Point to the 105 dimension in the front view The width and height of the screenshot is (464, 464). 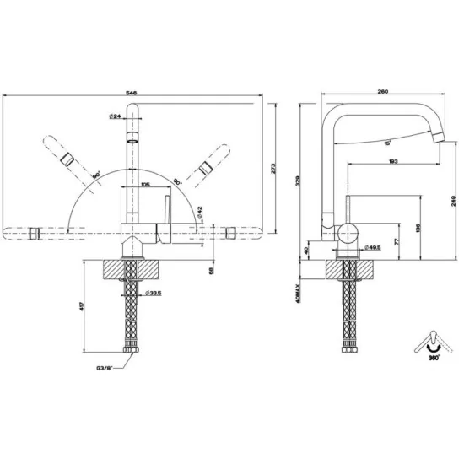pos(145,182)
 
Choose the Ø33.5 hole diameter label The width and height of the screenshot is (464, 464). pos(153,293)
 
